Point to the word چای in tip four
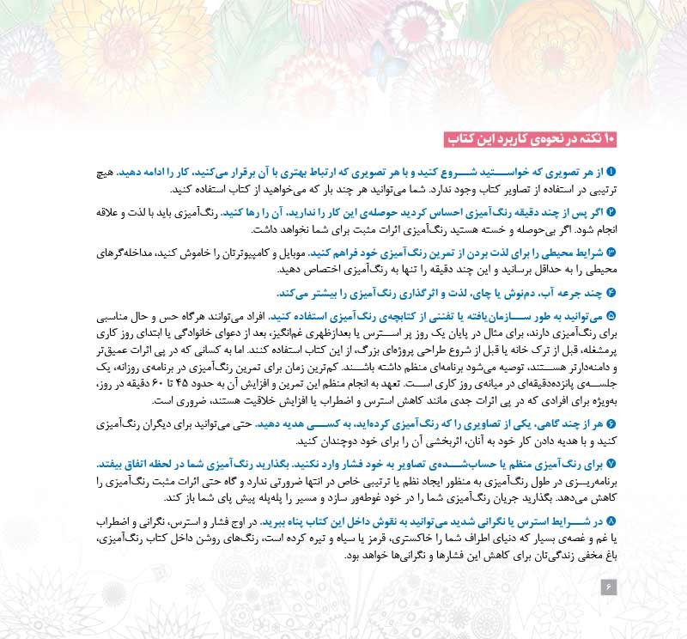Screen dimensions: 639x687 point(530,292)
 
